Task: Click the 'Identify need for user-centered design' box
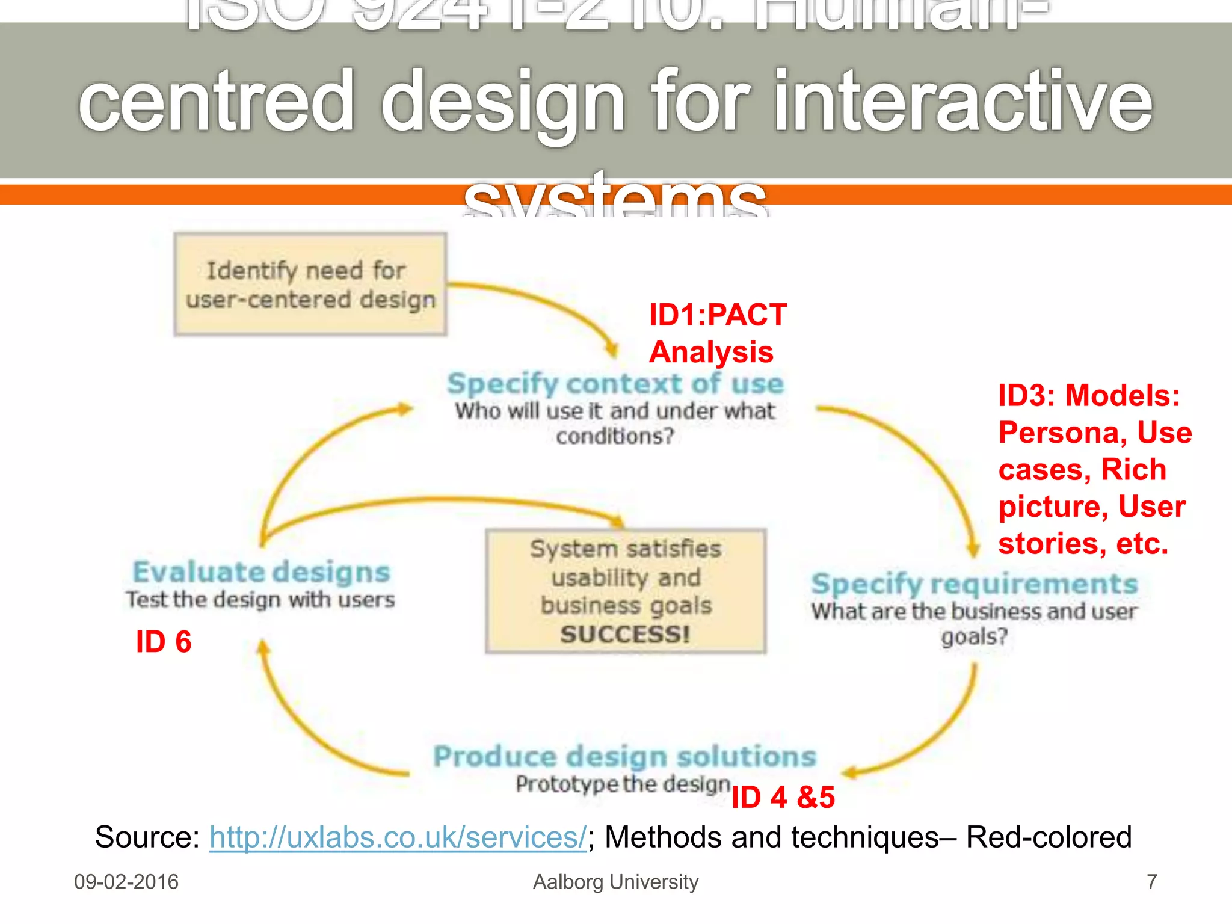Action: tap(310, 284)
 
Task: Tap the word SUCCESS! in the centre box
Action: tap(625, 634)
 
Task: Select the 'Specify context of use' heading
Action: tap(615, 384)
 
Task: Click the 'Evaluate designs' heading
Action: tap(261, 572)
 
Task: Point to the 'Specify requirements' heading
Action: tap(974, 584)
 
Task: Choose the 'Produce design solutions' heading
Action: tap(624, 756)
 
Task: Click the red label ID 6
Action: tap(163, 642)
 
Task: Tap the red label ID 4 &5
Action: tap(783, 798)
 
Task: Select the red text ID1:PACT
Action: tap(717, 315)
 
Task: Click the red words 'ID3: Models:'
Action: tap(1089, 396)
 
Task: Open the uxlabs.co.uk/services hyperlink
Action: tap(398, 837)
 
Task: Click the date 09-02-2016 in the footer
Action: tap(126, 882)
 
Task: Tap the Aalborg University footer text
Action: tap(615, 882)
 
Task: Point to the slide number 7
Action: tap(1151, 882)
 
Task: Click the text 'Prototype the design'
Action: tap(623, 784)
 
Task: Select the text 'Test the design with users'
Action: tap(260, 600)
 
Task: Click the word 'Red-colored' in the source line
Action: tap(1049, 837)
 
